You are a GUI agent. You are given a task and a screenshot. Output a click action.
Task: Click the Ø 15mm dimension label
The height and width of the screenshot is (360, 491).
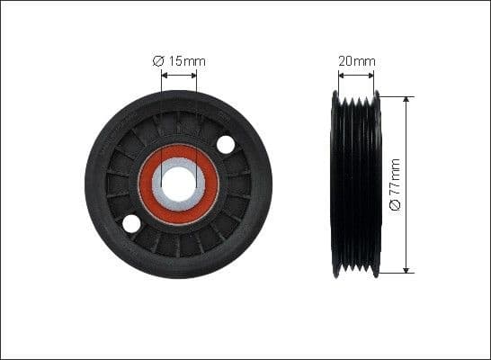pyautogui.click(x=179, y=61)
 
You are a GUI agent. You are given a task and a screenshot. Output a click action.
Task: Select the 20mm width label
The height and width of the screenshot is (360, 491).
pyautogui.click(x=357, y=61)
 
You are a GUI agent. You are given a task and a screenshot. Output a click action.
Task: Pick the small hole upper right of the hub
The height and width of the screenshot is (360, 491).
pyautogui.click(x=226, y=144)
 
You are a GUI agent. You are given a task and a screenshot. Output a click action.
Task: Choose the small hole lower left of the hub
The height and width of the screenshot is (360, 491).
pyautogui.click(x=132, y=223)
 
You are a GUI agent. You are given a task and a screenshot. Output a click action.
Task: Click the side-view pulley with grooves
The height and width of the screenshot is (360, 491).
pyautogui.click(x=357, y=184)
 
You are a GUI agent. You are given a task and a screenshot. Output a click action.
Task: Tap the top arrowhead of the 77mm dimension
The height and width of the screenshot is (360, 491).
pyautogui.click(x=406, y=100)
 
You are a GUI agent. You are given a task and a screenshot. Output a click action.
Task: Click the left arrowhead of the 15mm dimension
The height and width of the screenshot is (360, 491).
pyautogui.click(x=165, y=75)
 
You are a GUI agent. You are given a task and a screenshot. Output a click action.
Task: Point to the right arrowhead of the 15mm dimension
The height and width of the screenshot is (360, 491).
pyautogui.click(x=193, y=75)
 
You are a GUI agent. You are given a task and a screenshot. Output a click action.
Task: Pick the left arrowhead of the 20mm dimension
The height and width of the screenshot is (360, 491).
pyautogui.click(x=338, y=75)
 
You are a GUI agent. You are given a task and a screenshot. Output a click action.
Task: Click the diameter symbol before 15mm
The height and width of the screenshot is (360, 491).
pyautogui.click(x=157, y=61)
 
